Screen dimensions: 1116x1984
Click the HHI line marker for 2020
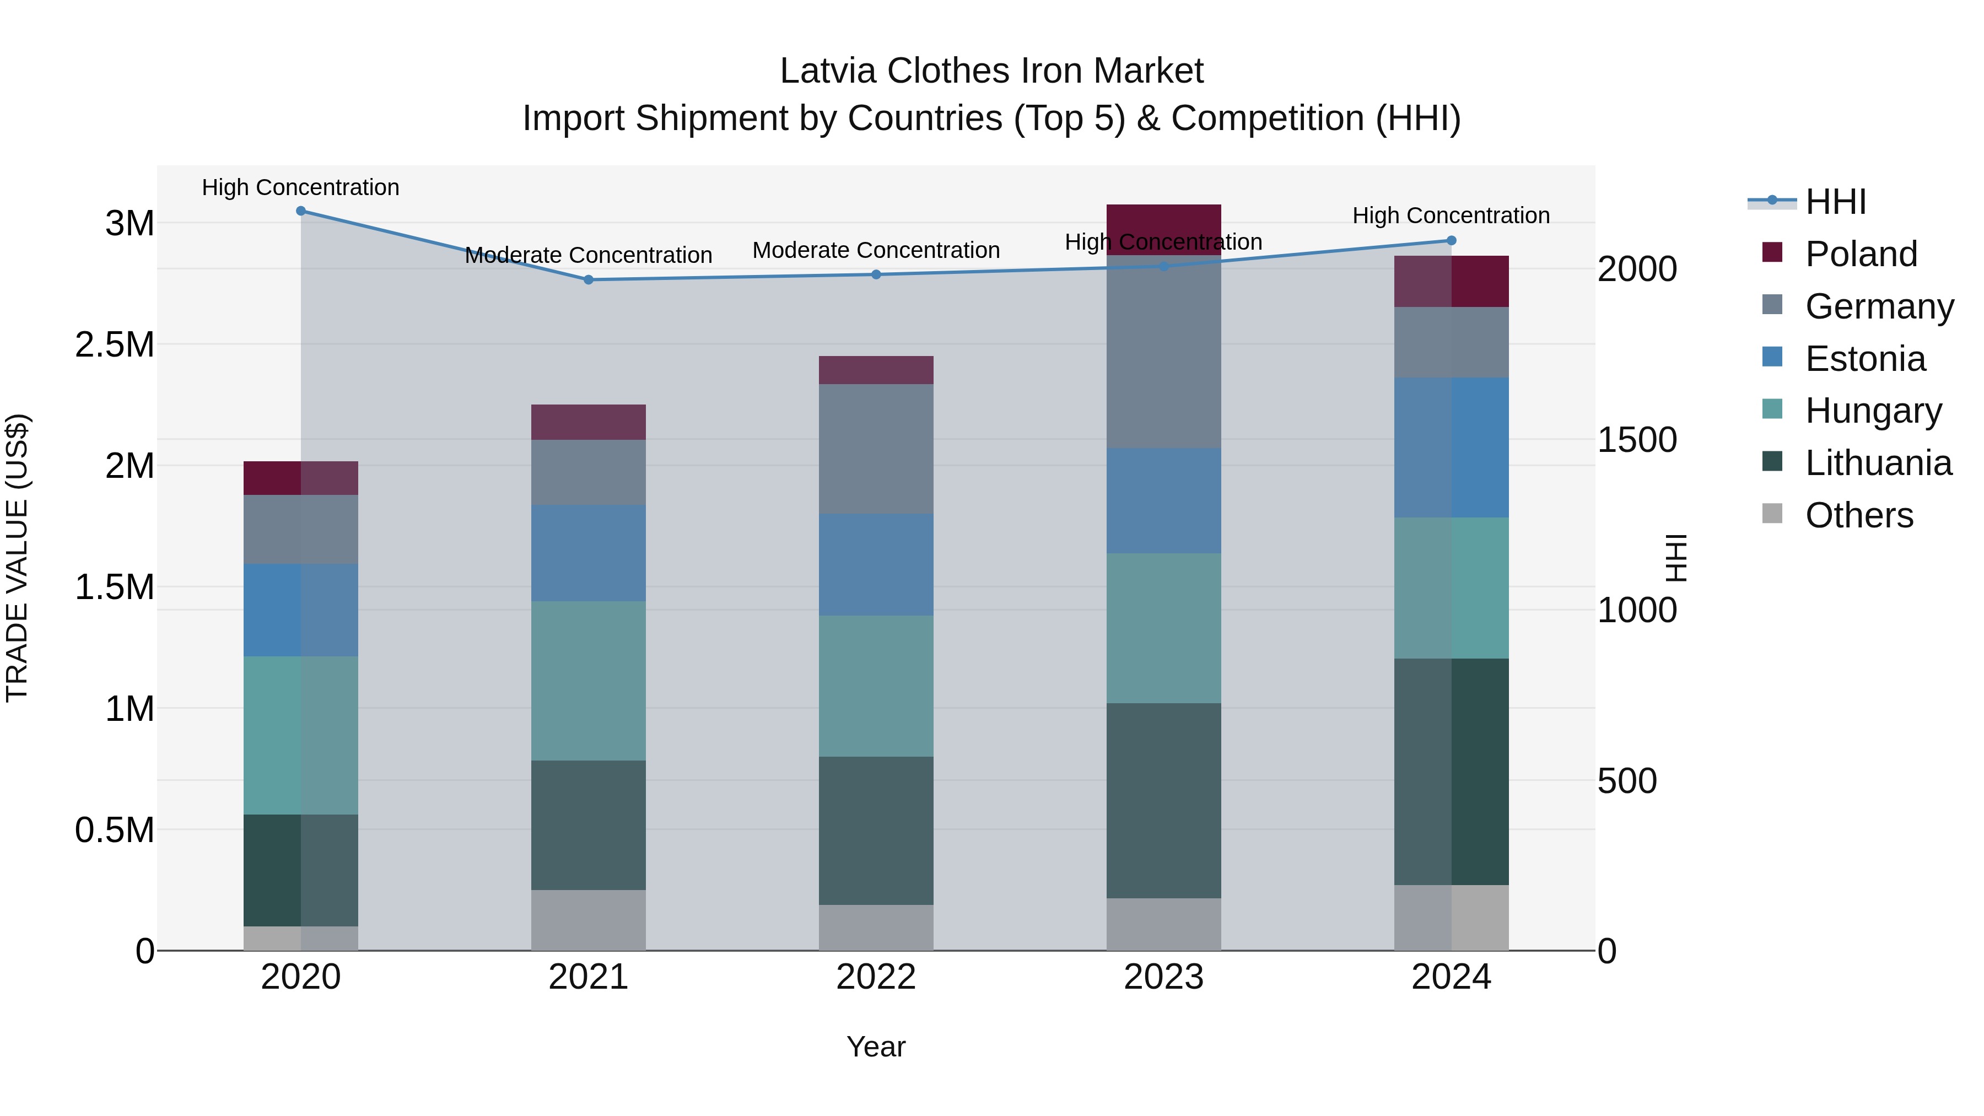pos(301,211)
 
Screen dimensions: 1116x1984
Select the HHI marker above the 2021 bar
pos(589,279)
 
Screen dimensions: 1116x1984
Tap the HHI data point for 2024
pos(1451,240)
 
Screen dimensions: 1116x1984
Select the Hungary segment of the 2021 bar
pos(589,681)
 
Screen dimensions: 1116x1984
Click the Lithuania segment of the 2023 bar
pos(1164,800)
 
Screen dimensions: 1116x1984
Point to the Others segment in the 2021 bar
pos(589,920)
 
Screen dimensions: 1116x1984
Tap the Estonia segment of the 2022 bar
pos(876,564)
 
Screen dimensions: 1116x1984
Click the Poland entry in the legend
pos(1860,254)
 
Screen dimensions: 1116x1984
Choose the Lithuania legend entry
pos(1878,463)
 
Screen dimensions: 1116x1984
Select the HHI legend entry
pos(1835,202)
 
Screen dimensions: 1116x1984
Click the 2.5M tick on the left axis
pos(114,344)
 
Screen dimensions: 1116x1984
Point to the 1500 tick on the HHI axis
pos(1637,440)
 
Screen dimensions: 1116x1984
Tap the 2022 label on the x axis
pos(876,977)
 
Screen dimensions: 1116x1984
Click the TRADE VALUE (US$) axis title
pos(17,558)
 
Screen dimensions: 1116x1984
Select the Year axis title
pos(876,1047)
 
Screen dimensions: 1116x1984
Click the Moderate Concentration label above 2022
pos(876,250)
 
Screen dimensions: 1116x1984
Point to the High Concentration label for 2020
pos(300,187)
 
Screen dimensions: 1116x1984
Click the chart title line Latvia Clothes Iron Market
pos(991,71)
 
